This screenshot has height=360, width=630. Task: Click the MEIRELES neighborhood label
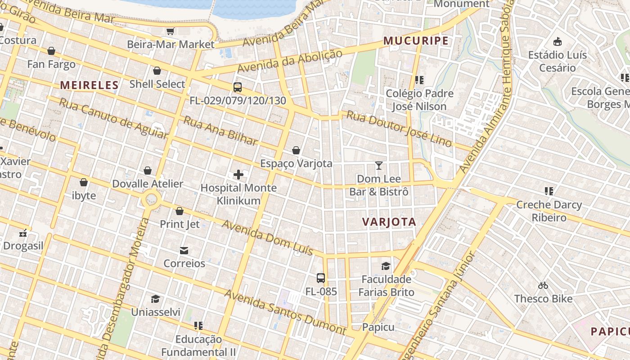89,85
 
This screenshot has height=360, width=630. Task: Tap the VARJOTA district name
389,222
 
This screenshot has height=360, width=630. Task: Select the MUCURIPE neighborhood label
416,41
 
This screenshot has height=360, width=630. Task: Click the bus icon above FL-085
320,278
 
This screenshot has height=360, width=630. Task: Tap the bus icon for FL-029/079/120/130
238,87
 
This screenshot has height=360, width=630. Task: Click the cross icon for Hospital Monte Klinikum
238,175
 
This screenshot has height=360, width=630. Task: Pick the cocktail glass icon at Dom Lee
379,166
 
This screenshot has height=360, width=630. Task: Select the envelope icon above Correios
184,250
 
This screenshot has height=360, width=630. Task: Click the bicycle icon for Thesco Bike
543,285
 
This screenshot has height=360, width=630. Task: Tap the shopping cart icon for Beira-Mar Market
171,31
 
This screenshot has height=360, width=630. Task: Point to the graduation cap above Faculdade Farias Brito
386,266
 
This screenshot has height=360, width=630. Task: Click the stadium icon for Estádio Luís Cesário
558,42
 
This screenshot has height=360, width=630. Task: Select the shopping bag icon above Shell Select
157,71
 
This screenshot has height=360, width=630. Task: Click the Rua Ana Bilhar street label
220,131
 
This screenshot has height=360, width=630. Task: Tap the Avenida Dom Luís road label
267,238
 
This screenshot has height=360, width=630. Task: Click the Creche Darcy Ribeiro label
549,211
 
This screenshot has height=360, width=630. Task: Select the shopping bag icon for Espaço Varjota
296,150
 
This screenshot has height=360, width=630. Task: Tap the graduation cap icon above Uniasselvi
155,299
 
